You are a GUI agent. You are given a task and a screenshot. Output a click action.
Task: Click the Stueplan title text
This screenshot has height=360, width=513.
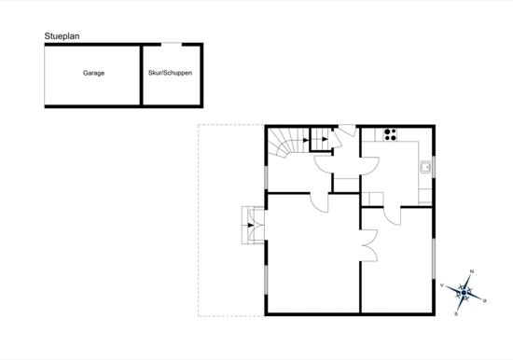[x=62, y=36]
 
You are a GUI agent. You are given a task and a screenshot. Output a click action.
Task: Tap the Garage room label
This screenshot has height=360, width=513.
[x=93, y=73]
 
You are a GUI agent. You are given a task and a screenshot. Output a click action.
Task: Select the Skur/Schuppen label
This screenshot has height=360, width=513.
[x=170, y=73]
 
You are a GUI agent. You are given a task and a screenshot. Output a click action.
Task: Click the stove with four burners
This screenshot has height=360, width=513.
[x=390, y=134]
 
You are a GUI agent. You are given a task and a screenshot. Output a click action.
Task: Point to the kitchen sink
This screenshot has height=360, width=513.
[x=425, y=167]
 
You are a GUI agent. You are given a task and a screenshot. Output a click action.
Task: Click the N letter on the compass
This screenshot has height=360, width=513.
[x=472, y=271]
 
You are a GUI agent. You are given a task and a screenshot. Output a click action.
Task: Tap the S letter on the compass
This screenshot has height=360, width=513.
[x=456, y=314]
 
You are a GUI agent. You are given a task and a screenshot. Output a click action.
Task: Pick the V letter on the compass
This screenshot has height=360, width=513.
[x=442, y=285]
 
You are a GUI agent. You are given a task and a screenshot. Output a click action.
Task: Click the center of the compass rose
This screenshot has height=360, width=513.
[x=464, y=292]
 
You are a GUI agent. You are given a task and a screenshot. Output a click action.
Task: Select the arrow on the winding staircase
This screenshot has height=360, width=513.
[x=306, y=140]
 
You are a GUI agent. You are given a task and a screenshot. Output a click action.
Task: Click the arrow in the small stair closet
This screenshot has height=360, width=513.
[x=325, y=139]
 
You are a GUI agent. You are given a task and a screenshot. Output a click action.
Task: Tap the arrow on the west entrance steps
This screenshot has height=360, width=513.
[x=251, y=225]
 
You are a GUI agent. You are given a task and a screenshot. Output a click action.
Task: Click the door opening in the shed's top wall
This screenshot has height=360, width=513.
[x=172, y=44]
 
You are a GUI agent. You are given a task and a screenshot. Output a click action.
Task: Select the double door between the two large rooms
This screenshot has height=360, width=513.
[x=369, y=245]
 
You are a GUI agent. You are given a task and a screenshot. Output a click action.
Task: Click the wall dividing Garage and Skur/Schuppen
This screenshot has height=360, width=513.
[x=142, y=76]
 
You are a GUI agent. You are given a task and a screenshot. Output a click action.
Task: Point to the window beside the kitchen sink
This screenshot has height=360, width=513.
[x=434, y=167]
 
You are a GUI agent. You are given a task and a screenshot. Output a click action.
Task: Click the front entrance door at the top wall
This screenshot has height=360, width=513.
[x=347, y=131]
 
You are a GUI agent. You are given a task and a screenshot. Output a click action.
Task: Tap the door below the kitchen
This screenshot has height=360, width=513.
[x=392, y=216]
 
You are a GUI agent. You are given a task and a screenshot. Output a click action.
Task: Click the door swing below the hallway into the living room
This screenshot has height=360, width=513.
[x=319, y=203]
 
